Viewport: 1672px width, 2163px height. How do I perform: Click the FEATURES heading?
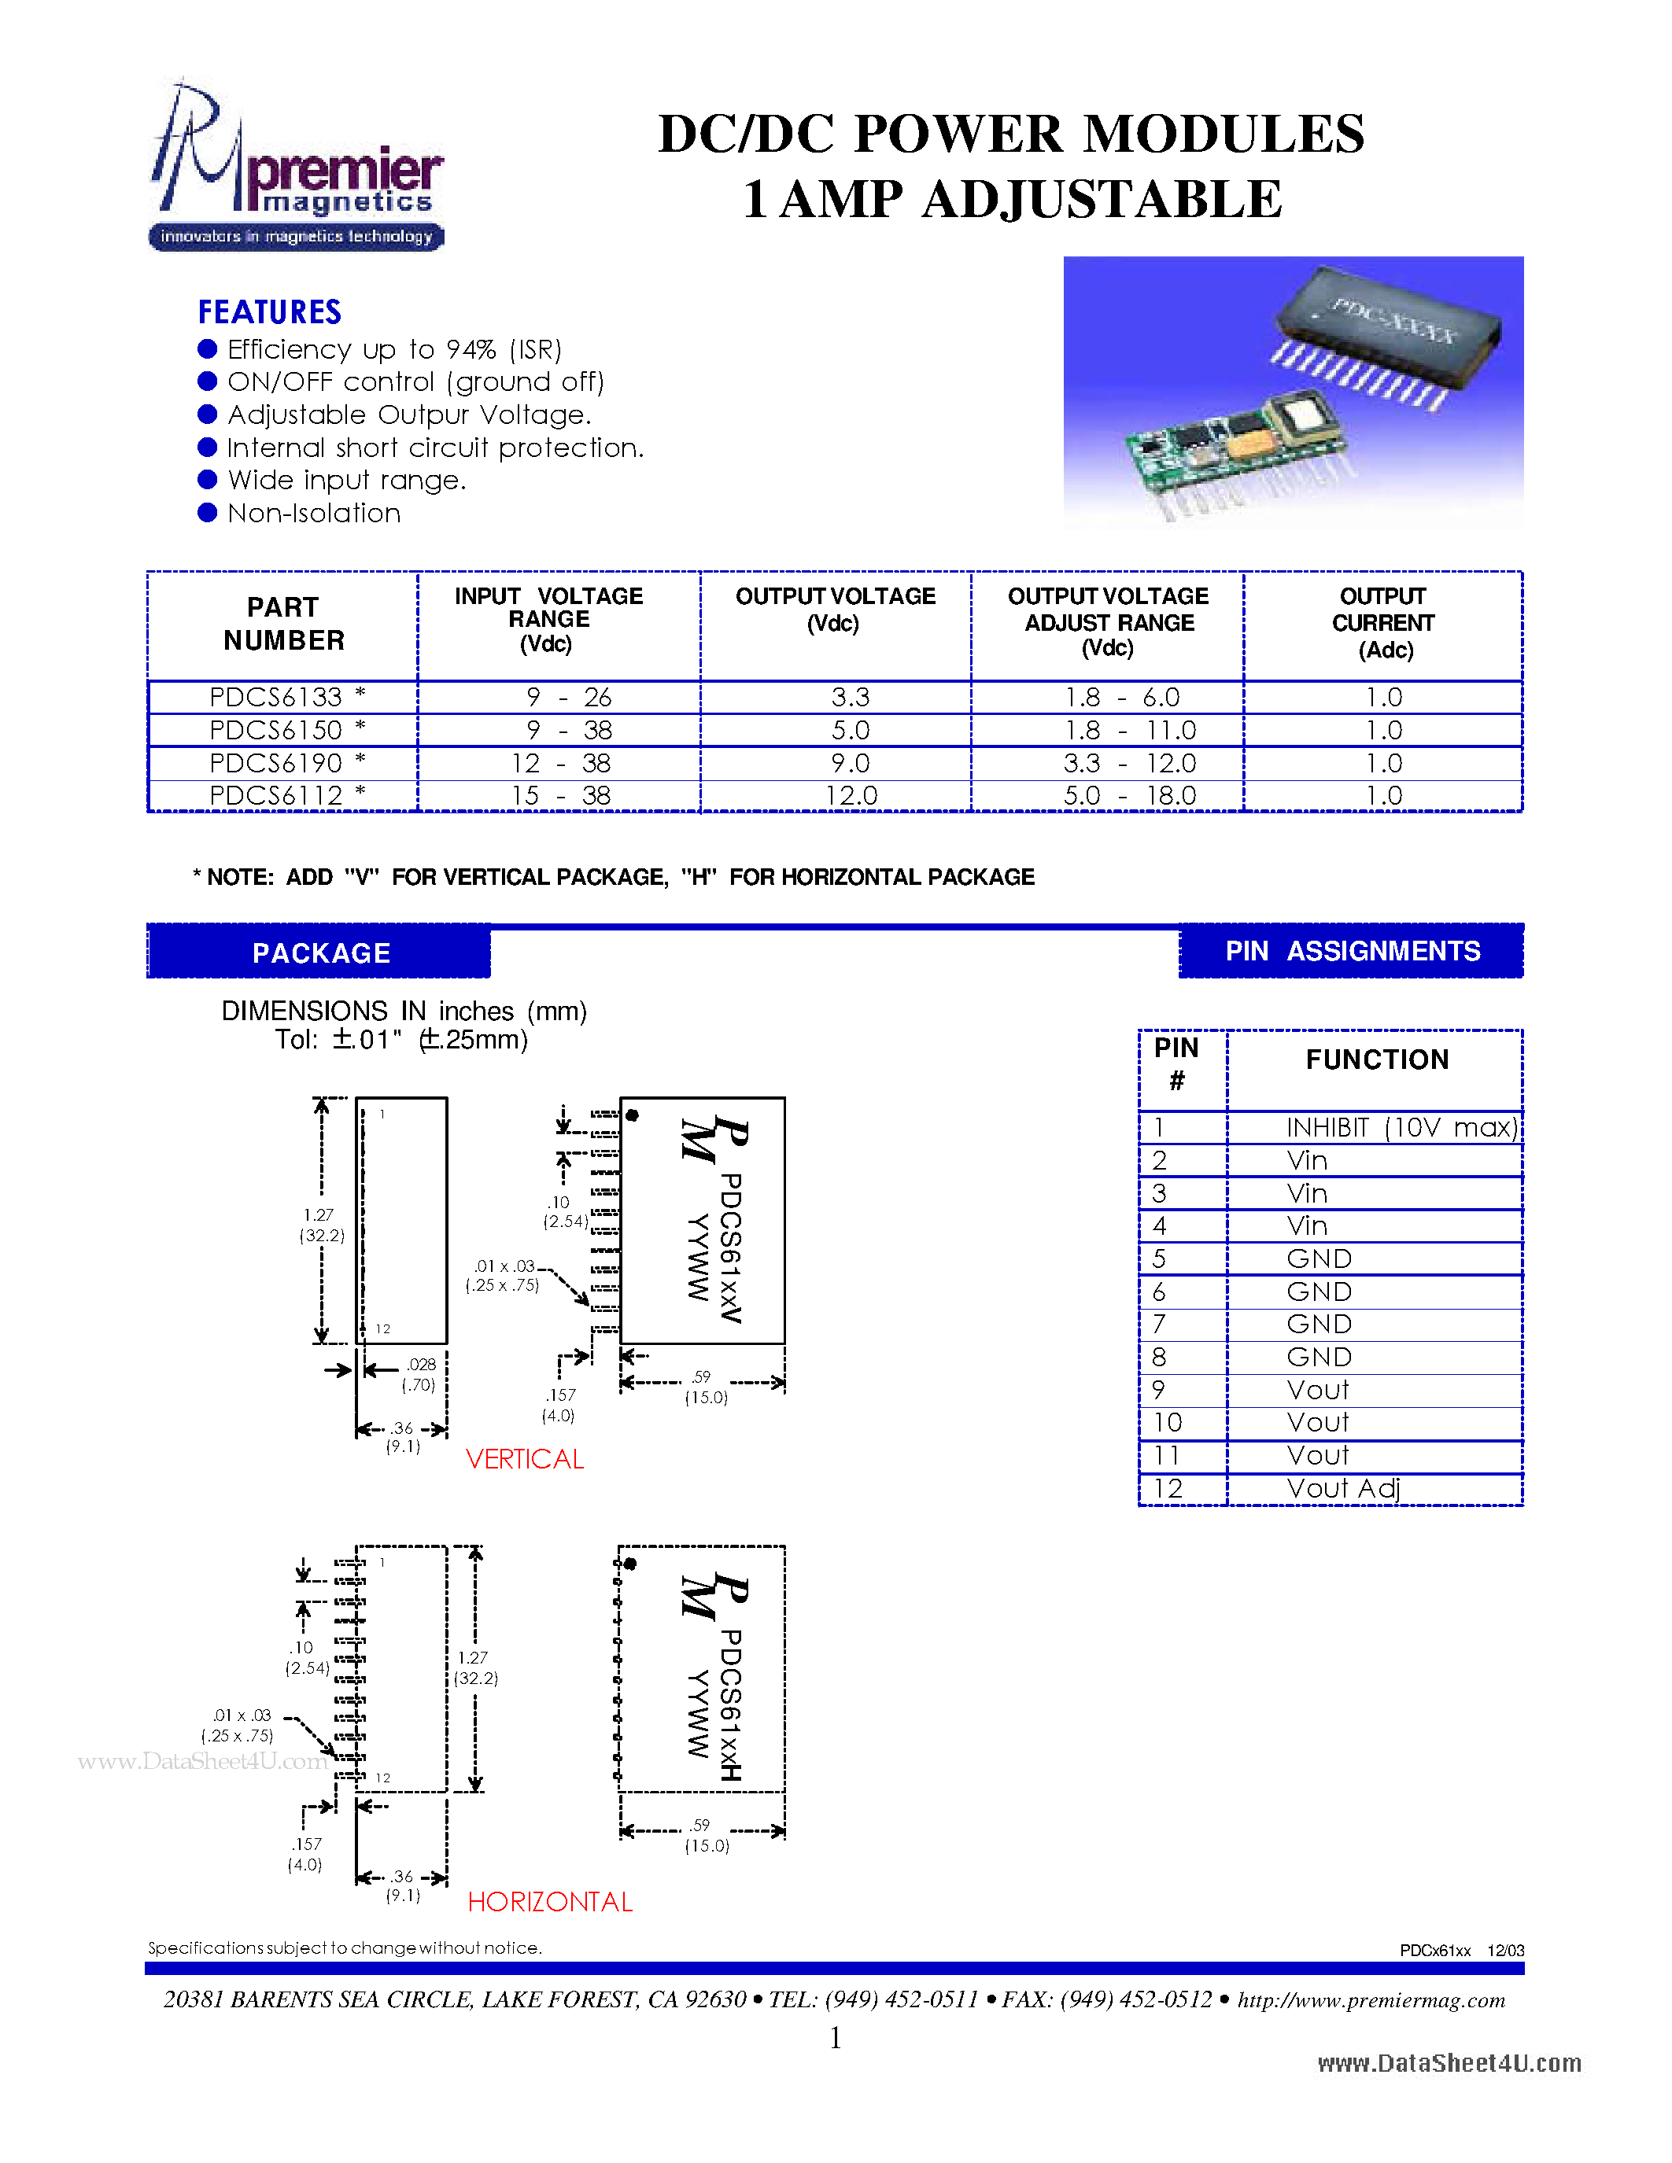click(269, 312)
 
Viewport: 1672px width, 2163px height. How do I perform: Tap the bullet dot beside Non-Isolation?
click(207, 512)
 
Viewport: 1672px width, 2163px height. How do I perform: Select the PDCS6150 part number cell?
click(283, 730)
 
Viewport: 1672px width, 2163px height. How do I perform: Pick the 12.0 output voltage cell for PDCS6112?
click(851, 795)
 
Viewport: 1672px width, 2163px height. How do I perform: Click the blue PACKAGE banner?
click(320, 953)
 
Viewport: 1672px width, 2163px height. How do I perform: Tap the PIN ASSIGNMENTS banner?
click(1352, 951)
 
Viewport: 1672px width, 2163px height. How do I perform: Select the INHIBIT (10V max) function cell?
click(1400, 1127)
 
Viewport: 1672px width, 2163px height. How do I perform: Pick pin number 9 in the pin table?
click(1159, 1391)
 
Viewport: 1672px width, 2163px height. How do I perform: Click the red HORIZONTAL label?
click(550, 1902)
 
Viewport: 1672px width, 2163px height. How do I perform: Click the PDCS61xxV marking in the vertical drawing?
click(731, 1248)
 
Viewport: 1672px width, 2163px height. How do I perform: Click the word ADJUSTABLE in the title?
click(1102, 199)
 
